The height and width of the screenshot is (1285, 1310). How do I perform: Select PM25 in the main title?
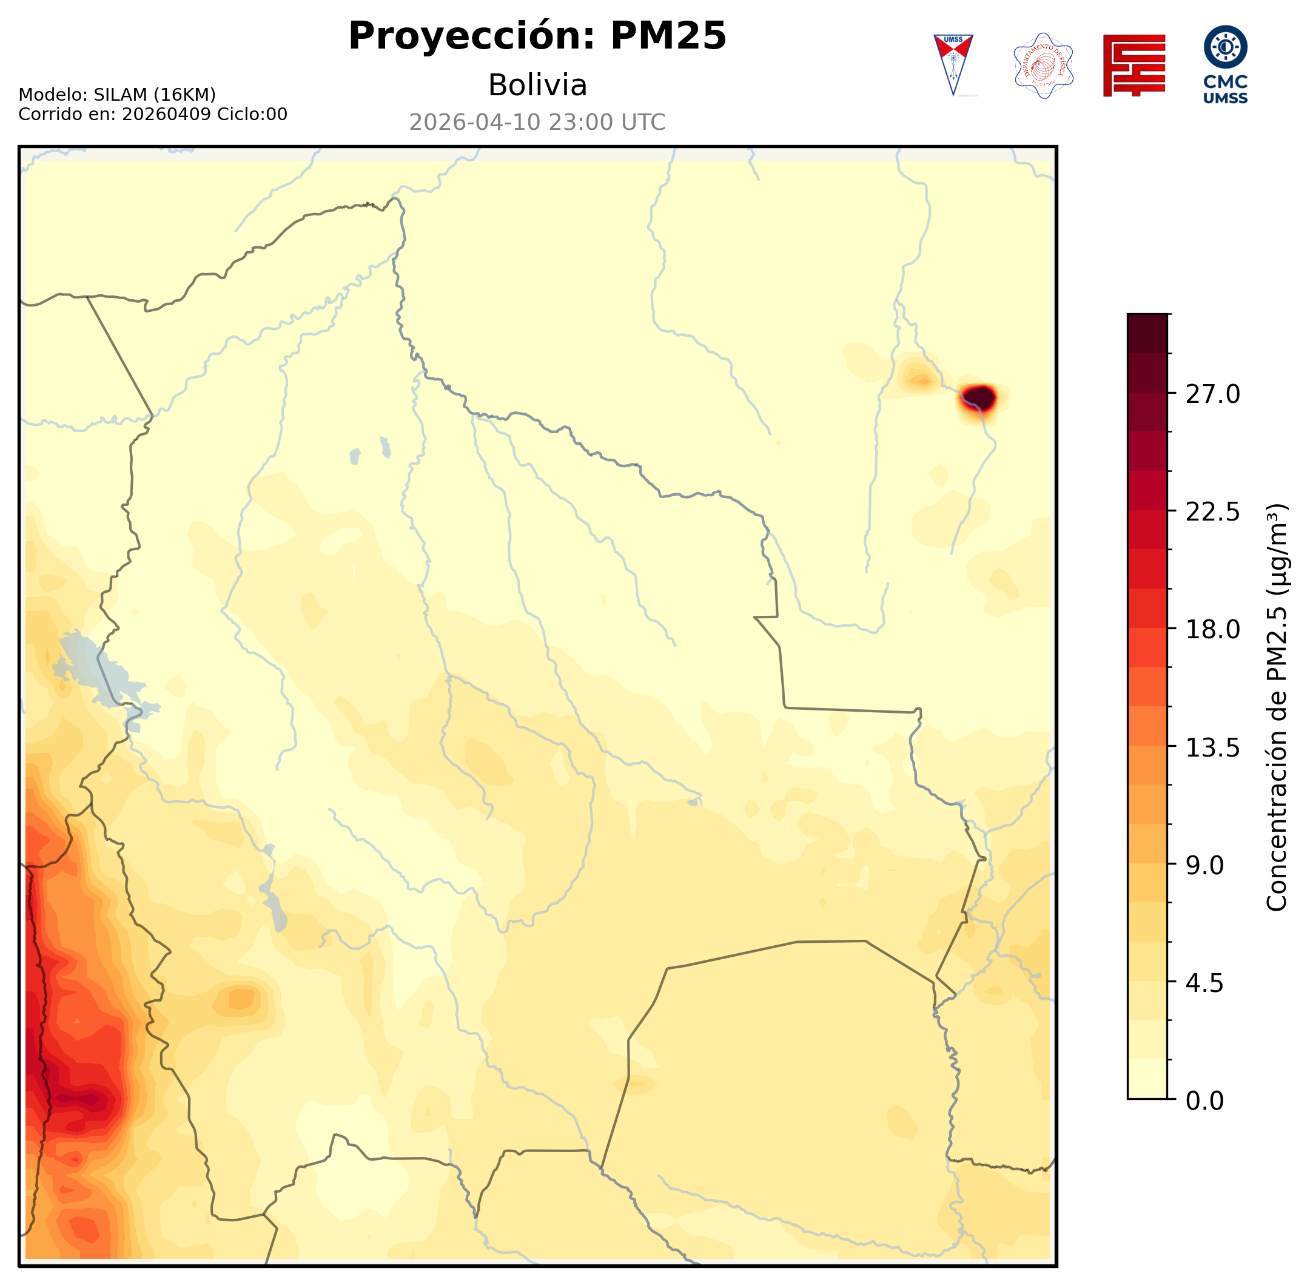click(668, 36)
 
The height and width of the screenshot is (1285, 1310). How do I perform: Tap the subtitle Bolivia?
click(537, 86)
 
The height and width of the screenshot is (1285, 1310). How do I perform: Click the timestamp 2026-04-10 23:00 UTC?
click(537, 122)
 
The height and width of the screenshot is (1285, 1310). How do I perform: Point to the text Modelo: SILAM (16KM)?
click(116, 95)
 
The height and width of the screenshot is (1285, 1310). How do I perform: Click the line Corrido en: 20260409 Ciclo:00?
click(152, 114)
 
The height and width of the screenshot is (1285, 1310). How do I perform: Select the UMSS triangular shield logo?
click(953, 65)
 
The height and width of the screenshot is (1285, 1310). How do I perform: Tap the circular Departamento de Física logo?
click(1043, 66)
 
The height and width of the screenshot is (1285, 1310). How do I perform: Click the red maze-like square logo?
click(1134, 66)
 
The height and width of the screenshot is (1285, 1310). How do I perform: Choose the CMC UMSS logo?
click(1225, 65)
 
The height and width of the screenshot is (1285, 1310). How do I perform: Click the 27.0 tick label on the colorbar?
click(1212, 394)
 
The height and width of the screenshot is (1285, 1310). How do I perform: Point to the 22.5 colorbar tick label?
click(1212, 512)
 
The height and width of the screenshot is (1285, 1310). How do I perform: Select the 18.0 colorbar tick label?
click(1212, 630)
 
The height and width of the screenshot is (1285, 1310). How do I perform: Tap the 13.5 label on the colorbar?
click(1212, 748)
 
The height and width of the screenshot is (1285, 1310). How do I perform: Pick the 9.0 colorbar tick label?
click(1204, 865)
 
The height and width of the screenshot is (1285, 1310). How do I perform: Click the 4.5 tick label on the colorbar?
click(1204, 983)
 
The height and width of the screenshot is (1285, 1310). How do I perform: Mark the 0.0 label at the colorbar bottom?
click(1204, 1101)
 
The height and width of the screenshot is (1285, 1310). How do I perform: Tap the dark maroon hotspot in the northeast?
click(979, 397)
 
